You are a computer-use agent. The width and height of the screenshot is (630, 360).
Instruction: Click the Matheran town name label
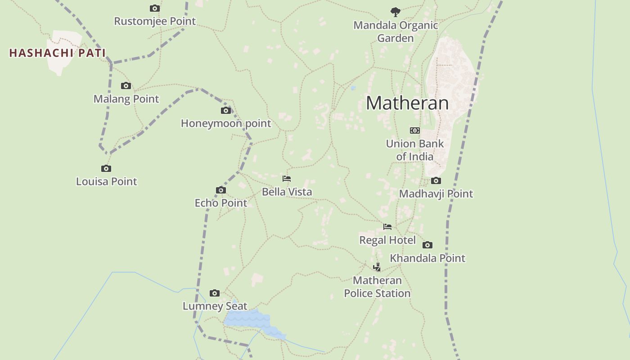tap(407, 103)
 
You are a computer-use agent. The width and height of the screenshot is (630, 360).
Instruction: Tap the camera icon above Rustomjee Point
tap(155, 8)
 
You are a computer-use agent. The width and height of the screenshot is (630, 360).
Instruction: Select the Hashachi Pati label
tap(57, 53)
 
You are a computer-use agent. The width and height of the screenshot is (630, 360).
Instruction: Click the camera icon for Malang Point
tap(126, 85)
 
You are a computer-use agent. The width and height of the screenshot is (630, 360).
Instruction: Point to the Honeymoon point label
tap(226, 123)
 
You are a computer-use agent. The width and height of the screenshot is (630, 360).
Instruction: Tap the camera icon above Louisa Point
tap(106, 168)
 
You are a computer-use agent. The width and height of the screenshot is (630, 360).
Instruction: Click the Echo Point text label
tap(221, 203)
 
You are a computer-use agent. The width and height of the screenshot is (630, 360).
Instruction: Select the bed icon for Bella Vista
tap(287, 179)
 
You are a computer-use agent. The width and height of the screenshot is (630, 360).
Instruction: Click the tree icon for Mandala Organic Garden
tap(396, 12)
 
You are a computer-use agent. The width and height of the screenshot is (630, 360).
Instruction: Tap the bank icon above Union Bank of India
tap(414, 130)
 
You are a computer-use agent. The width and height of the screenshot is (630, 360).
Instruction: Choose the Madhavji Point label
tap(436, 194)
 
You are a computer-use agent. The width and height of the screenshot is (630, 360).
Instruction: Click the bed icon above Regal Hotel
tap(387, 227)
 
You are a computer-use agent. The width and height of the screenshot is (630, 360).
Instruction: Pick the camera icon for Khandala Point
tap(427, 245)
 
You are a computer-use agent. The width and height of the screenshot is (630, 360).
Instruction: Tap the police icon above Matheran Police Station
tap(377, 267)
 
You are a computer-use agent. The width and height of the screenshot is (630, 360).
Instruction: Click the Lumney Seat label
tap(215, 306)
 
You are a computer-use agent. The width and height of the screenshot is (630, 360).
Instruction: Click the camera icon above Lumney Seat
tap(215, 293)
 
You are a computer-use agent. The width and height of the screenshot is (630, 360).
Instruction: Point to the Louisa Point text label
tap(106, 181)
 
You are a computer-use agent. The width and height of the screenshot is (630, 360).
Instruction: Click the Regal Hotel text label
tap(387, 240)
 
